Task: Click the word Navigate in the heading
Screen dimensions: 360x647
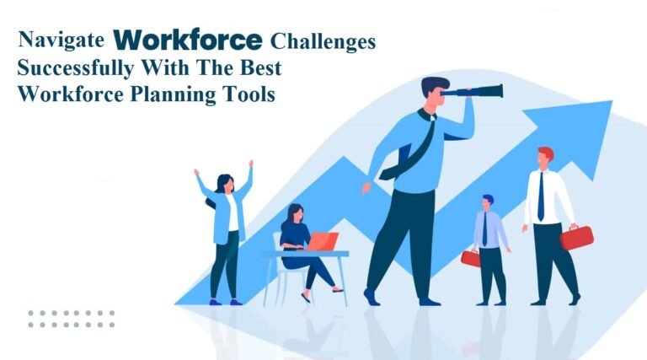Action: tap(64, 40)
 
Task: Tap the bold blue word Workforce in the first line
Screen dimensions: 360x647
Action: tap(188, 39)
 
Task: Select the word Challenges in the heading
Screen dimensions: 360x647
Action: tap(323, 40)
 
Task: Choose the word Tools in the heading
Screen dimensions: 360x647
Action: tap(249, 94)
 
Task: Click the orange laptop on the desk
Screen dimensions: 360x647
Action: tap(322, 241)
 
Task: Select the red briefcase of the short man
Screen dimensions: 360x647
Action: tap(470, 259)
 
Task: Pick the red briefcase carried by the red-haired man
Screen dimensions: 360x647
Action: tap(576, 237)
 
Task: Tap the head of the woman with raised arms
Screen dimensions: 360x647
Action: tap(225, 182)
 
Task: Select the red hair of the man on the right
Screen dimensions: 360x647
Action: tap(546, 153)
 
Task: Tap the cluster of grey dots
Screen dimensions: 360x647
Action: tap(71, 319)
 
